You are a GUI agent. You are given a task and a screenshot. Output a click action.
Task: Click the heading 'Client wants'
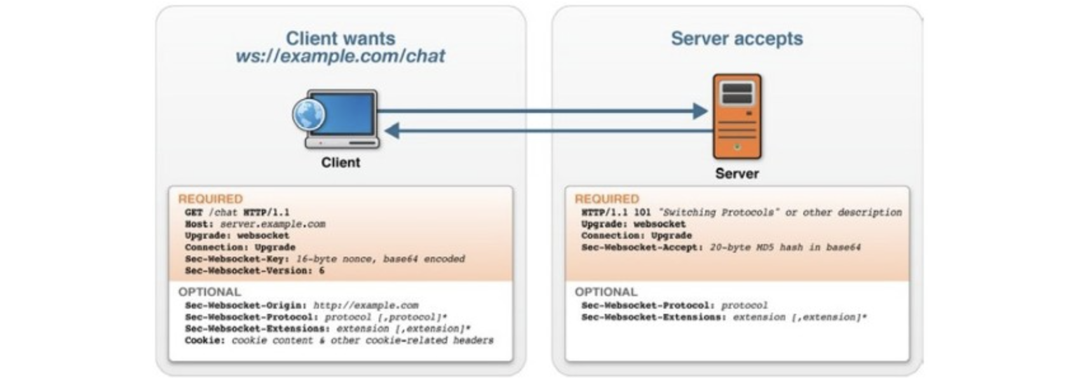tap(340, 38)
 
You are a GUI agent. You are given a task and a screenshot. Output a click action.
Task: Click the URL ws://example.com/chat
tap(340, 57)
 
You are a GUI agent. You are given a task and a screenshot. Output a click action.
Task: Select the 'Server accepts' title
tap(736, 38)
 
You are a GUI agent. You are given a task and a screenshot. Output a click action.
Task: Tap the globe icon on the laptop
tap(309, 115)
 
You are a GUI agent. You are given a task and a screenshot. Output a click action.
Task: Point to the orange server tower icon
tap(736, 116)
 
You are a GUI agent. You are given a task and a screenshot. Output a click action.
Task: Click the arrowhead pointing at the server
tap(700, 111)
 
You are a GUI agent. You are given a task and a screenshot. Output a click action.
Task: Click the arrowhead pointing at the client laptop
tap(392, 132)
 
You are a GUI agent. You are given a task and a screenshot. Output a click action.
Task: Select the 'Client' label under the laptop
tap(341, 163)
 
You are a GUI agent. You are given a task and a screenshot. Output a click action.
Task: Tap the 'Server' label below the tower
tap(736, 173)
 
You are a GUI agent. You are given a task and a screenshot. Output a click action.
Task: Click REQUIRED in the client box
tap(210, 199)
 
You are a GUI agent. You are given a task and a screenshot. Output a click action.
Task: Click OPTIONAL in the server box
tap(606, 292)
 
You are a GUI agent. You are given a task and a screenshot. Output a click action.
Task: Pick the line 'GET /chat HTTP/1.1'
tap(237, 212)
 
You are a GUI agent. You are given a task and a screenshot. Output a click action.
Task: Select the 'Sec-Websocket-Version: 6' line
tap(254, 271)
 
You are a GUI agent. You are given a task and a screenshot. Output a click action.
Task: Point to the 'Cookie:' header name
tap(205, 341)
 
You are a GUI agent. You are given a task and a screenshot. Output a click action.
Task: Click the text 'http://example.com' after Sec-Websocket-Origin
tap(365, 306)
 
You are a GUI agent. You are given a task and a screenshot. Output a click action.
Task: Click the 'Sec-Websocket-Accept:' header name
tap(642, 247)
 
